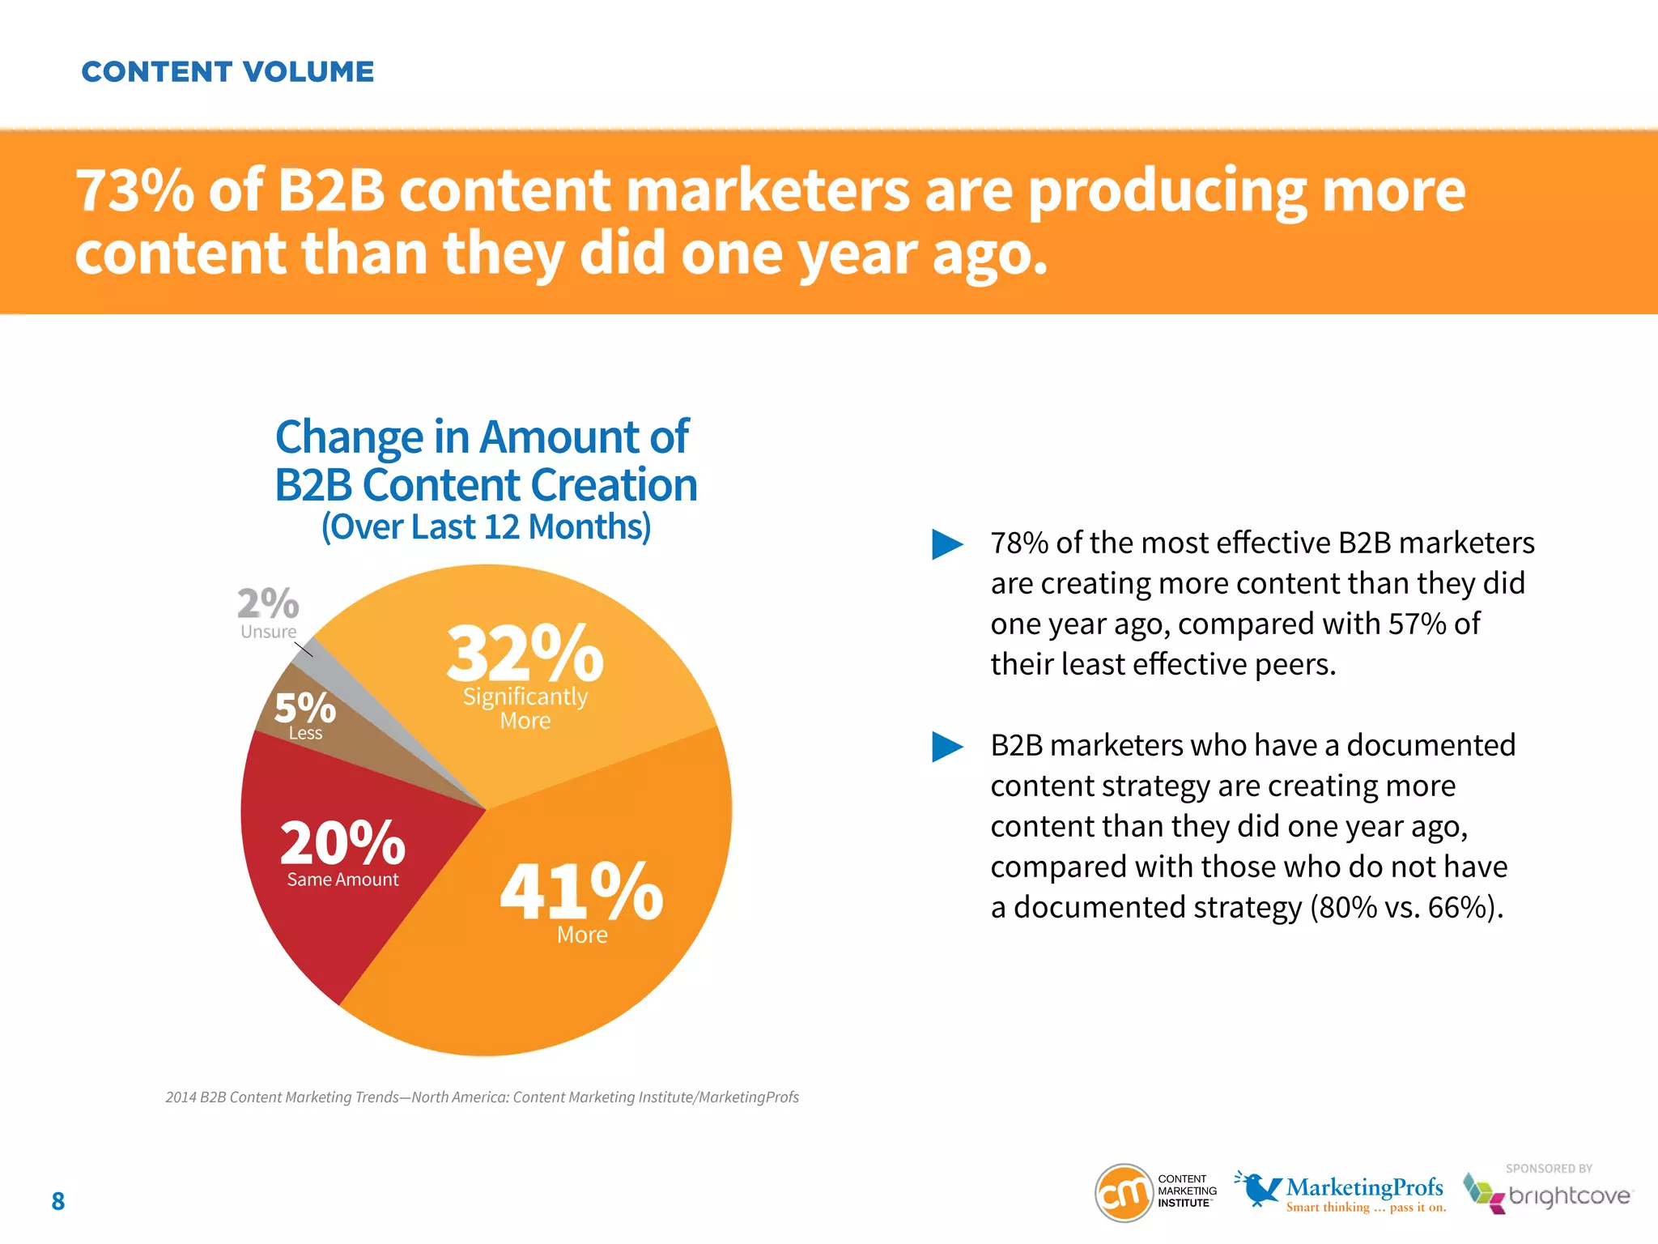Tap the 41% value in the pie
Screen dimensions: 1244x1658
click(581, 892)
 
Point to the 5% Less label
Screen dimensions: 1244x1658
click(304, 709)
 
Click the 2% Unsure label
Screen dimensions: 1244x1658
click(268, 604)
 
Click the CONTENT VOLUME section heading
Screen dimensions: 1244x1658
click(227, 72)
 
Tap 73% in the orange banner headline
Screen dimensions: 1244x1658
click(134, 191)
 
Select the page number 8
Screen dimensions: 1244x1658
click(58, 1201)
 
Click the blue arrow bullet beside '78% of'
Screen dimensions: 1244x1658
click(947, 544)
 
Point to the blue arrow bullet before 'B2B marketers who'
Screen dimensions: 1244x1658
click(947, 747)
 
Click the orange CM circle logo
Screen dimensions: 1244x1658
click(1124, 1192)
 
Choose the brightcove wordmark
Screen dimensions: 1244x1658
click(1569, 1196)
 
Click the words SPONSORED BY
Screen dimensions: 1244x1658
click(1549, 1169)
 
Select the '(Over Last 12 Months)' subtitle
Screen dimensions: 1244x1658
click(486, 527)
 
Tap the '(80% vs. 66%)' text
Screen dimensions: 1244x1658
click(1406, 908)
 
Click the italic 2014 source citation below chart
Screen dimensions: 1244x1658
click(482, 1097)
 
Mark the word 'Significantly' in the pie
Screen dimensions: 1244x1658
click(525, 697)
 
